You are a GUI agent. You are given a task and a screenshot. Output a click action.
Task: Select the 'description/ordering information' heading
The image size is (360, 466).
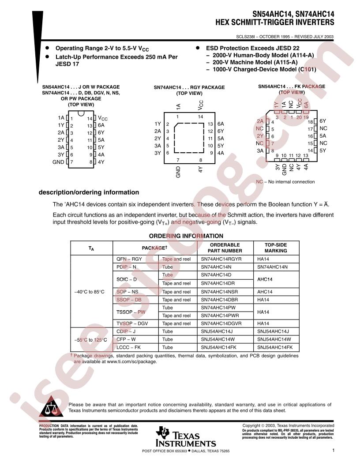89,192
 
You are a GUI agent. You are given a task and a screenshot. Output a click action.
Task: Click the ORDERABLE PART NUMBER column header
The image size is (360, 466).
225,248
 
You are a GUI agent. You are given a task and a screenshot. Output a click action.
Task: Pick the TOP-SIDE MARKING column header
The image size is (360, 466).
275,248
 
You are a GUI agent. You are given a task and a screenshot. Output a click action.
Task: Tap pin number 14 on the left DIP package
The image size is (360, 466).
90,119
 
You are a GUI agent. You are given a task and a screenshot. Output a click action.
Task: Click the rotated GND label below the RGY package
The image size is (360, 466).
178,172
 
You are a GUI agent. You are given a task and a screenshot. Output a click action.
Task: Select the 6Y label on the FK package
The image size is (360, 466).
323,121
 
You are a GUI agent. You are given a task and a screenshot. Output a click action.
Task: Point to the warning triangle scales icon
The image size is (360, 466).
51,408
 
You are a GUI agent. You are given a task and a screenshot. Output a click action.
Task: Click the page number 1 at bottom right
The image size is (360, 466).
334,451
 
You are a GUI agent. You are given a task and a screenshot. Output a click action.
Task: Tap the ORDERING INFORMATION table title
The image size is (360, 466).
186,236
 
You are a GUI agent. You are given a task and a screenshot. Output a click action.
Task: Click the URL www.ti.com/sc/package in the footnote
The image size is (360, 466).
132,361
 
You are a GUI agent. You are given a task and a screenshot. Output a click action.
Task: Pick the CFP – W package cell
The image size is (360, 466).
126,339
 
